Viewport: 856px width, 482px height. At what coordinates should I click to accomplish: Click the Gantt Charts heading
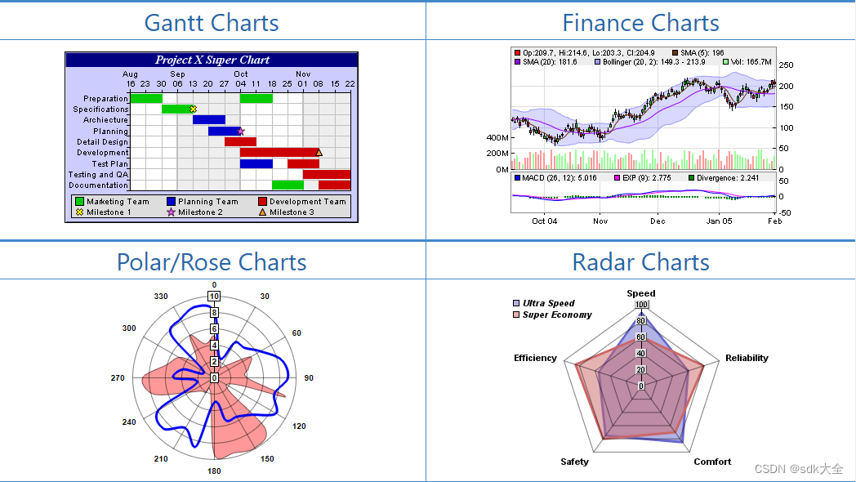tap(212, 22)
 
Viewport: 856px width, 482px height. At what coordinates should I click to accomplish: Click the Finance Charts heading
tap(640, 22)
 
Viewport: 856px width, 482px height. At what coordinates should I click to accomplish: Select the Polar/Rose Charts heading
tap(212, 262)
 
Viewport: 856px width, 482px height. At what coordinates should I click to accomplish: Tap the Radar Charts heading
tap(640, 262)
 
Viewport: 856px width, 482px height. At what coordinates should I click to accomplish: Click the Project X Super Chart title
tap(212, 60)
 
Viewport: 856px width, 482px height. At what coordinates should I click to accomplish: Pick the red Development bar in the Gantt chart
tap(278, 152)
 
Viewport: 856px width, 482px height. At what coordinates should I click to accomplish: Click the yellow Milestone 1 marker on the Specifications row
tap(194, 109)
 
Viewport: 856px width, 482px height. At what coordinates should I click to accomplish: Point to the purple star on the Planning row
tap(240, 131)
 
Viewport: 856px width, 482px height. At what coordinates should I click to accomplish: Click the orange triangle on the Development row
tap(319, 152)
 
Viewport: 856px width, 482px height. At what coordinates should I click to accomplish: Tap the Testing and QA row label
tap(98, 174)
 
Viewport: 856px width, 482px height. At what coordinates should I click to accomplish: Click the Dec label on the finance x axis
tap(658, 221)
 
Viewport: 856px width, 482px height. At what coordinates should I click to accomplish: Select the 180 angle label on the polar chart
tap(214, 471)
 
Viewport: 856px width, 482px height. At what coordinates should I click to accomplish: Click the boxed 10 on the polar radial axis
tap(214, 297)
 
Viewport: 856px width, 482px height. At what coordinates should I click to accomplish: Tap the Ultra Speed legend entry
tap(548, 303)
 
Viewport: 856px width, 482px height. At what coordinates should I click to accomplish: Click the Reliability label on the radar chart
tap(747, 358)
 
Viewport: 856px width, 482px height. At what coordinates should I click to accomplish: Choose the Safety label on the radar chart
tap(574, 462)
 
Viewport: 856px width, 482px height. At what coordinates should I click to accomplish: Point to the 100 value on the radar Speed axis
tap(641, 306)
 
